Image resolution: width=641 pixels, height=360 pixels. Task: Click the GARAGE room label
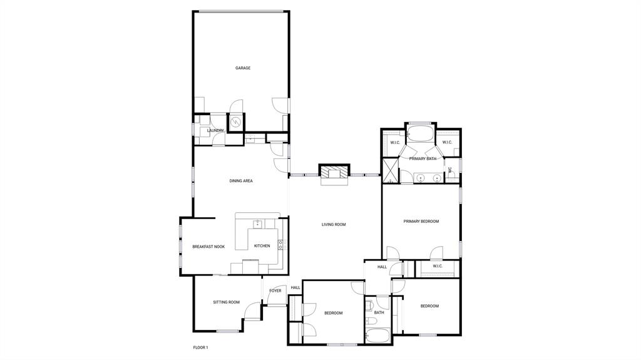point(243,68)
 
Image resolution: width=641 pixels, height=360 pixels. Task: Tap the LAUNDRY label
point(216,130)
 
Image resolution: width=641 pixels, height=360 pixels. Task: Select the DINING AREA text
point(241,181)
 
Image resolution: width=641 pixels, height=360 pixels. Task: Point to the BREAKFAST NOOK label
point(208,247)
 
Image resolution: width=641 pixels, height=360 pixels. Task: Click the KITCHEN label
point(262,246)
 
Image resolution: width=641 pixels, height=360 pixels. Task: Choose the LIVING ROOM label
point(334,225)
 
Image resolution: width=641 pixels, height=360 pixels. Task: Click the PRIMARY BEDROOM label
point(421,221)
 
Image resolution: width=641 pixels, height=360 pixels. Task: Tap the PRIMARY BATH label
point(423,159)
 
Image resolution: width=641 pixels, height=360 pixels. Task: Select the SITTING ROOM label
point(226,302)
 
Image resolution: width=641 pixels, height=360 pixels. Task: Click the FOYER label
point(275,291)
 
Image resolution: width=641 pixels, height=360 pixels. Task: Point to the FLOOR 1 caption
point(200,347)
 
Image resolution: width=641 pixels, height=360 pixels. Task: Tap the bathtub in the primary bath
point(420,133)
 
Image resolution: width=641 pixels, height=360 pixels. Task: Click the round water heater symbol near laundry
point(236,122)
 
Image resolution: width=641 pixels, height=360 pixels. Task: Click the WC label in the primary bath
point(449,170)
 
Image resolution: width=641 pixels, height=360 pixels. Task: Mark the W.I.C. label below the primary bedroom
point(438,266)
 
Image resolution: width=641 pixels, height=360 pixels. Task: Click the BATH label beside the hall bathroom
point(379,312)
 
